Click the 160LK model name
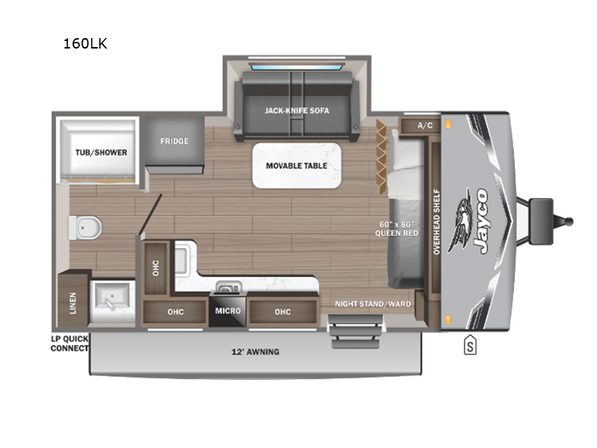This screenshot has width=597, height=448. point(86,43)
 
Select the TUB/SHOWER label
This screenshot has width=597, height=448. point(101,152)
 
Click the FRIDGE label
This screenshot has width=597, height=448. point(174,141)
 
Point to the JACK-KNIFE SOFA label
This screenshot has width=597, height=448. point(297,111)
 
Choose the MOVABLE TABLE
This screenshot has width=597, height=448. point(296,165)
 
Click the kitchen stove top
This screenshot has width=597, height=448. point(224,286)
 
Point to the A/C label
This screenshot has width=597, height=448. point(425,125)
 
